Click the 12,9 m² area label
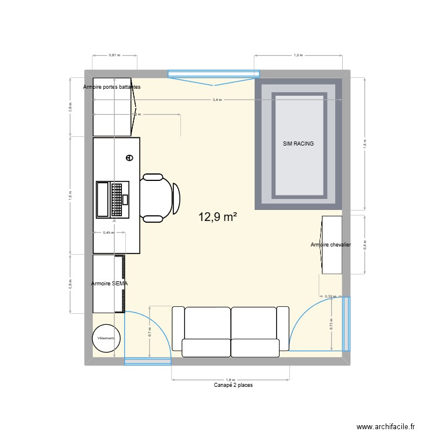(217, 217)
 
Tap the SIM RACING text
(298, 143)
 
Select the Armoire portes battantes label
(111, 87)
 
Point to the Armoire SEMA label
(110, 284)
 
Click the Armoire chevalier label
(331, 245)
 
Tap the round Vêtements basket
(106, 338)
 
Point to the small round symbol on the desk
(129, 157)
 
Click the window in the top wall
(213, 74)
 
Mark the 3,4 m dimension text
(217, 100)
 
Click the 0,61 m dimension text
(114, 55)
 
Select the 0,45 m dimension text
(108, 233)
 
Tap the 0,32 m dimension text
(329, 296)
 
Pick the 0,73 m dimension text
(331, 324)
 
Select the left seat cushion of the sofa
(207, 324)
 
